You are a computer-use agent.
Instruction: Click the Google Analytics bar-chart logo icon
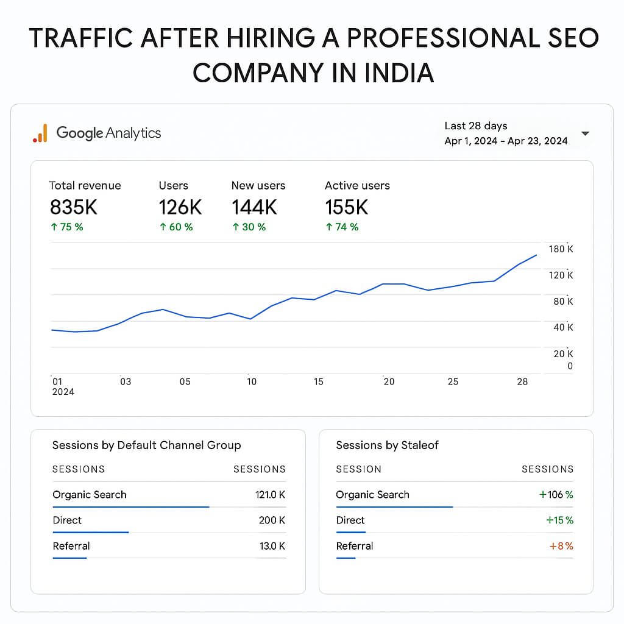pos(40,133)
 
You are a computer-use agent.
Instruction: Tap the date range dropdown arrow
pos(585,133)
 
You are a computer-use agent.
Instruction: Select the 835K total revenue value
pos(73,207)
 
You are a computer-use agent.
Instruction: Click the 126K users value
pos(180,207)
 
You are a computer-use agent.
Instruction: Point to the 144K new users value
pos(254,207)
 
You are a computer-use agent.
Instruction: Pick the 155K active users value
pos(346,207)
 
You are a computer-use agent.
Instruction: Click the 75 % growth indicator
pos(66,227)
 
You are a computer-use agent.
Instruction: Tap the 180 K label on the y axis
pos(561,249)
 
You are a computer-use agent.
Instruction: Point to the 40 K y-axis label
pos(562,327)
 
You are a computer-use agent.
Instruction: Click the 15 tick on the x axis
pos(318,381)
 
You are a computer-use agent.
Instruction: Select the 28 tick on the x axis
pos(522,381)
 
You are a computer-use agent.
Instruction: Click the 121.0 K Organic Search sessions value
pos(270,495)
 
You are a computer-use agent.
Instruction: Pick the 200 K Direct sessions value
pos(272,520)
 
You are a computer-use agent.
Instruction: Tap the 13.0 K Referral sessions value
pos(272,546)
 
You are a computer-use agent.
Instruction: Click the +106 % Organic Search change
pos(556,495)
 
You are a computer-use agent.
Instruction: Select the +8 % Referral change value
pos(561,546)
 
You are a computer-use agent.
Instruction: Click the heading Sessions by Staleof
pos(387,445)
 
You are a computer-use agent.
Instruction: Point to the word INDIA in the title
pos(399,73)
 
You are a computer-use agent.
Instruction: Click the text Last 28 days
pos(475,126)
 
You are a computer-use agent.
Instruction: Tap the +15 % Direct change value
pos(559,520)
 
